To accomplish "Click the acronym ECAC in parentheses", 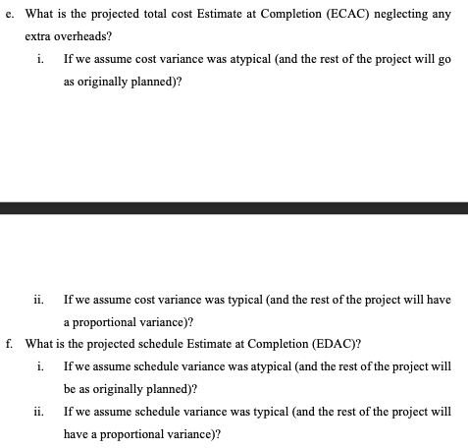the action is coord(349,15).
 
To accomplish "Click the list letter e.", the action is coord(8,15).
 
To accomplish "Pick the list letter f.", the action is coord(8,344).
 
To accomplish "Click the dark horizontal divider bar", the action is coord(234,207).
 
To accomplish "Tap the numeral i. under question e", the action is coord(37,60).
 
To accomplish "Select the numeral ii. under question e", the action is coord(38,299).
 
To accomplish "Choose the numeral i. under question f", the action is coord(37,366).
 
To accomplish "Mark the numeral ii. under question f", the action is coord(38,412).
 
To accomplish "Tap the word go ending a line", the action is coord(443,60).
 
